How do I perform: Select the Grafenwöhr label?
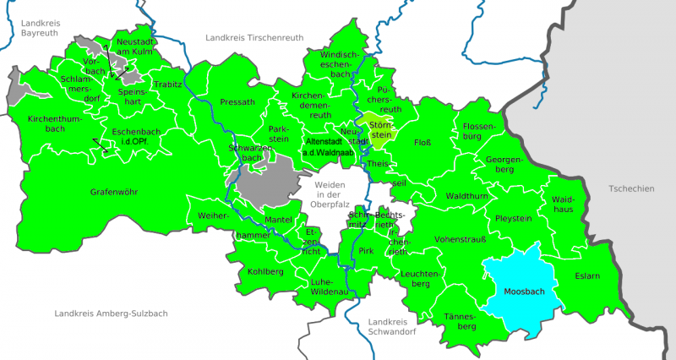(x=116, y=193)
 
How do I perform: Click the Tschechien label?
(x=630, y=188)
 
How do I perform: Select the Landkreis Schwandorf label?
(x=395, y=326)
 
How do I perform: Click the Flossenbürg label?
(x=483, y=131)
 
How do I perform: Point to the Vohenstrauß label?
(x=458, y=240)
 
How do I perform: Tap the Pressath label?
(x=237, y=102)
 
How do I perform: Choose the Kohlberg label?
(x=266, y=271)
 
